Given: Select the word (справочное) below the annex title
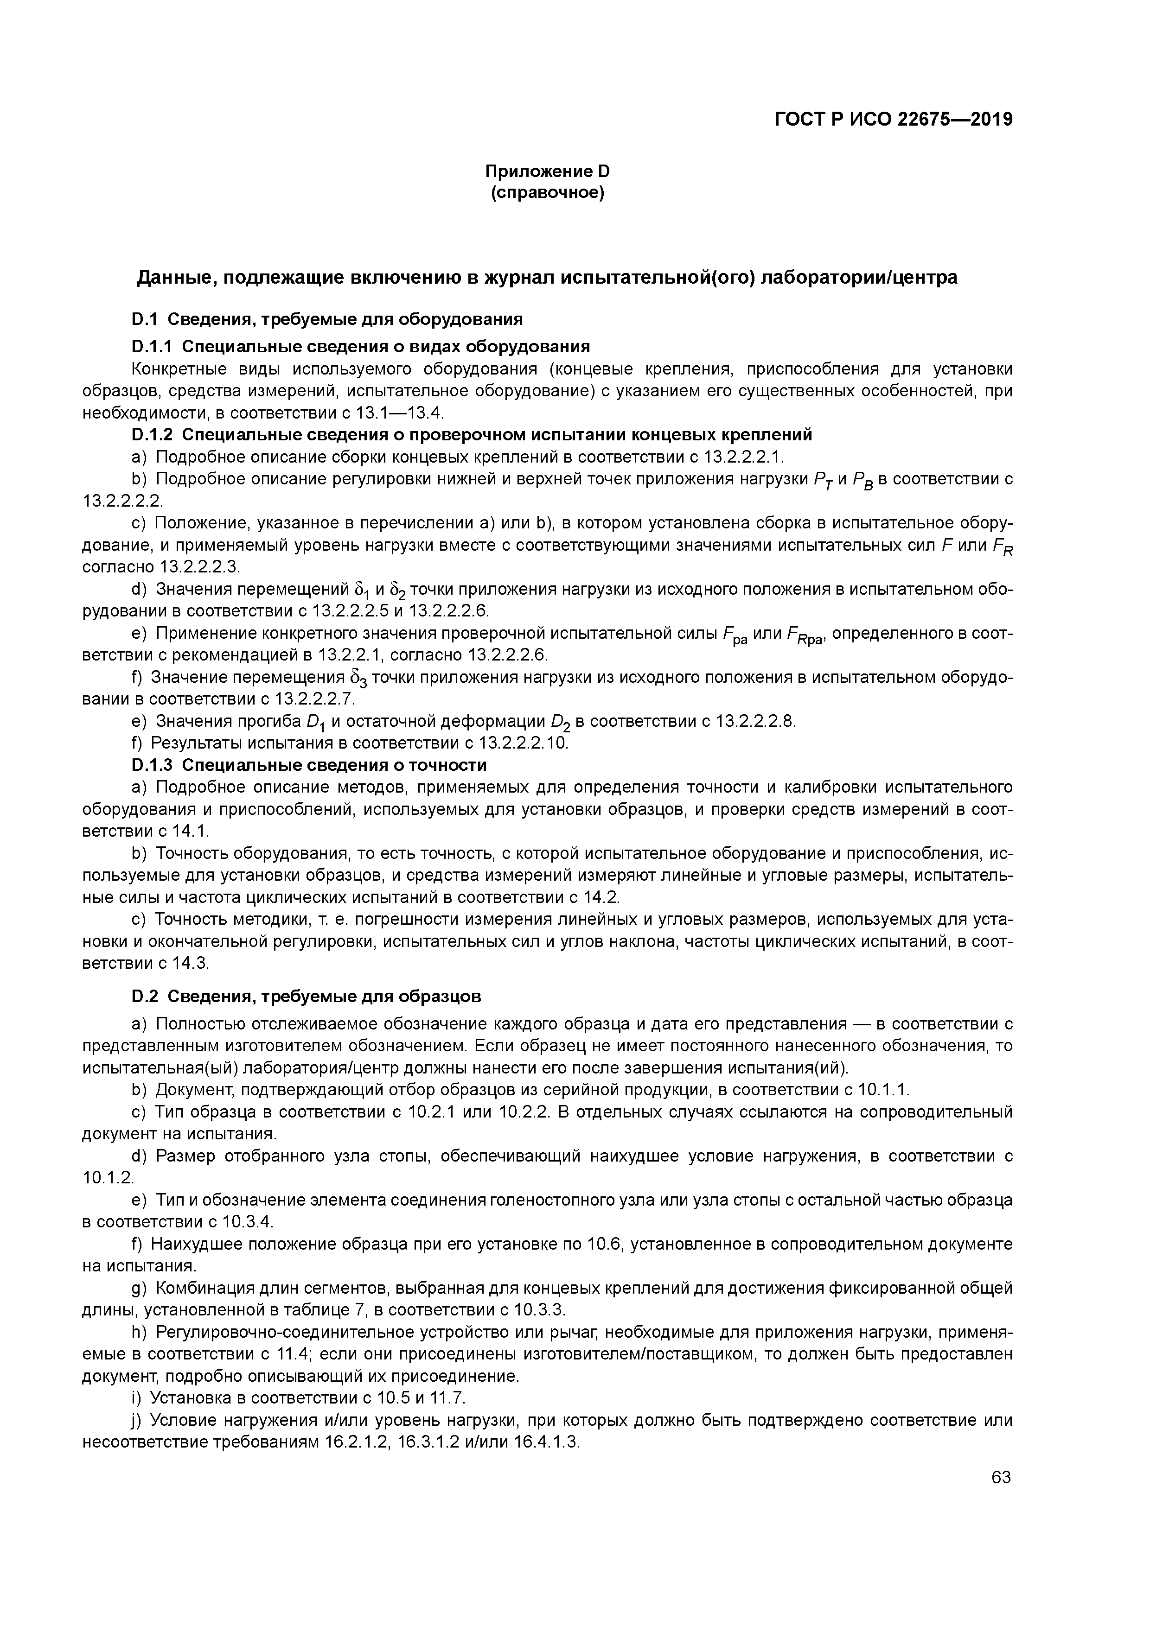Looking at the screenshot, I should [x=548, y=193].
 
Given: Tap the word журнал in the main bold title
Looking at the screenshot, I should [x=519, y=278].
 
